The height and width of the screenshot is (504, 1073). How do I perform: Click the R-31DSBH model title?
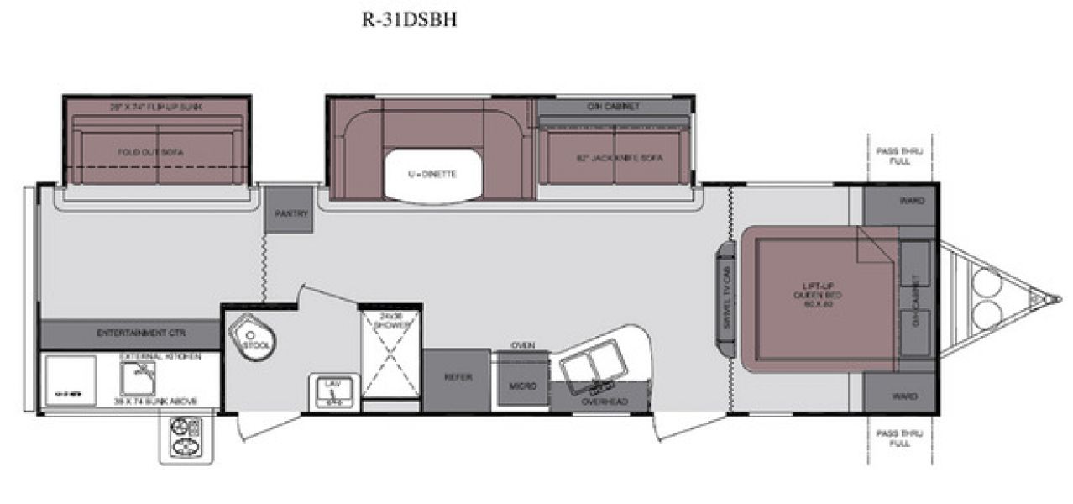coord(409,20)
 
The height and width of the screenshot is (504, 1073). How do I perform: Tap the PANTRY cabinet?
coord(289,212)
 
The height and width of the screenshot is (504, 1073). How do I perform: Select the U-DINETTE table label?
coord(432,174)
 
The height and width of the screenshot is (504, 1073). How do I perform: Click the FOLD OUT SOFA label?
coord(150,152)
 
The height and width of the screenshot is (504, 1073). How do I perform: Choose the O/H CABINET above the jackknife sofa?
coord(614,107)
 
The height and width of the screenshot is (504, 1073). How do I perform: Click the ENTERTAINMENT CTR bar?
coord(129,333)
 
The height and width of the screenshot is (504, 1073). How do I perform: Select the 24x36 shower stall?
coord(390,357)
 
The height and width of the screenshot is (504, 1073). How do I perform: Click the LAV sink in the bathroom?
coord(332,389)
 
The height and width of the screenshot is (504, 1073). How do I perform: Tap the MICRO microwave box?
coord(522,386)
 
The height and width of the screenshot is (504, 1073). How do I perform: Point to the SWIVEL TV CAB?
coord(723,296)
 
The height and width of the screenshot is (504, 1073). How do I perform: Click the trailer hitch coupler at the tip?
coord(1046,297)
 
